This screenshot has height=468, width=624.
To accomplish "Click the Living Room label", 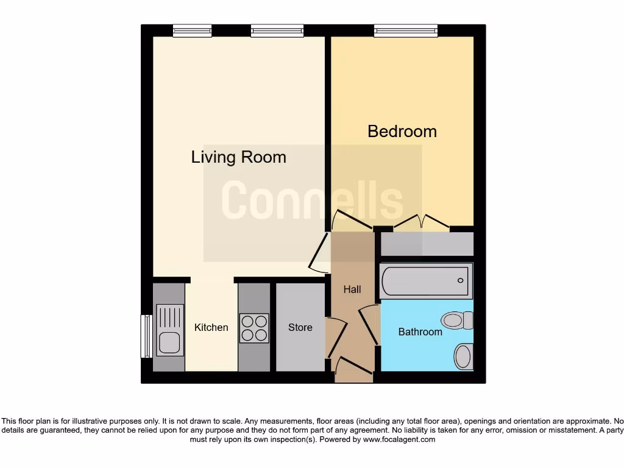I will pos(238,157).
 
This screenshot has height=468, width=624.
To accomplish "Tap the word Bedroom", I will pos(402,131).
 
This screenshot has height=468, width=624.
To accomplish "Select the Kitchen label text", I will pos(211,327).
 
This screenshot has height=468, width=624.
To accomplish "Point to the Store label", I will pos(300,327).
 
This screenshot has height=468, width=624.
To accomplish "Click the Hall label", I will pos(352,289).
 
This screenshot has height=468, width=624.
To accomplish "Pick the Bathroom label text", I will pos(420,331).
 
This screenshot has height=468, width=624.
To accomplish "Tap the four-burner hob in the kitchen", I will pos(254,328).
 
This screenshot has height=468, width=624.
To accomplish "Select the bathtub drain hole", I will pos(460,281).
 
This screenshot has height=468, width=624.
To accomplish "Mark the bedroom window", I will pos(406,30).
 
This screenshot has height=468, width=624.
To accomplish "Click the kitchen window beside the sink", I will pos(146,336).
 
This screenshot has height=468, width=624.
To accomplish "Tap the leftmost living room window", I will pos(192,30).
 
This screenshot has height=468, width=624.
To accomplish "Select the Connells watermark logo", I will pos(312,201).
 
